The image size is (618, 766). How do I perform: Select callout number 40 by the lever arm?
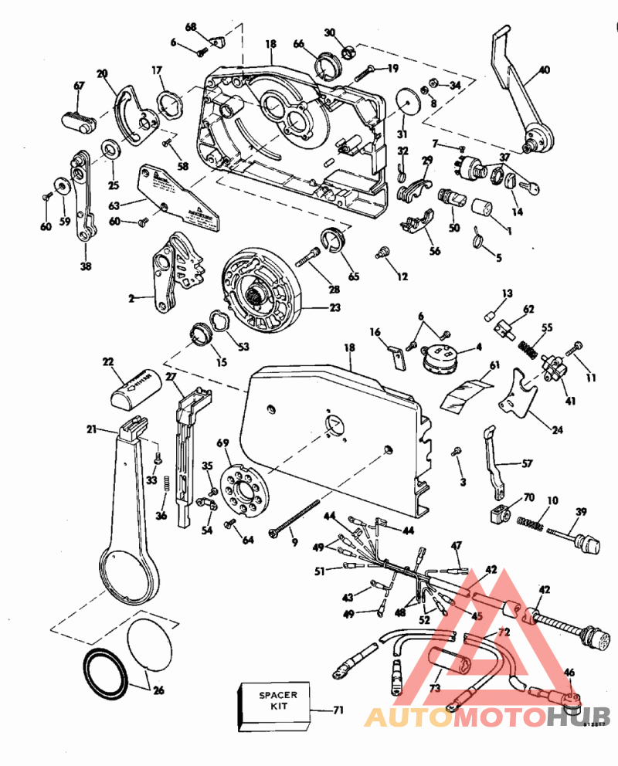pyautogui.click(x=545, y=70)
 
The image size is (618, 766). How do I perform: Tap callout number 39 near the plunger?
pyautogui.click(x=581, y=512)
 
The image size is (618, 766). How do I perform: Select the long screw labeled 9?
pyautogui.click(x=294, y=520)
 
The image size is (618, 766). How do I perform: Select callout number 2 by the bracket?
pyautogui.click(x=131, y=297)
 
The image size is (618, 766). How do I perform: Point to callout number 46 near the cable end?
pyautogui.click(x=569, y=673)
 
